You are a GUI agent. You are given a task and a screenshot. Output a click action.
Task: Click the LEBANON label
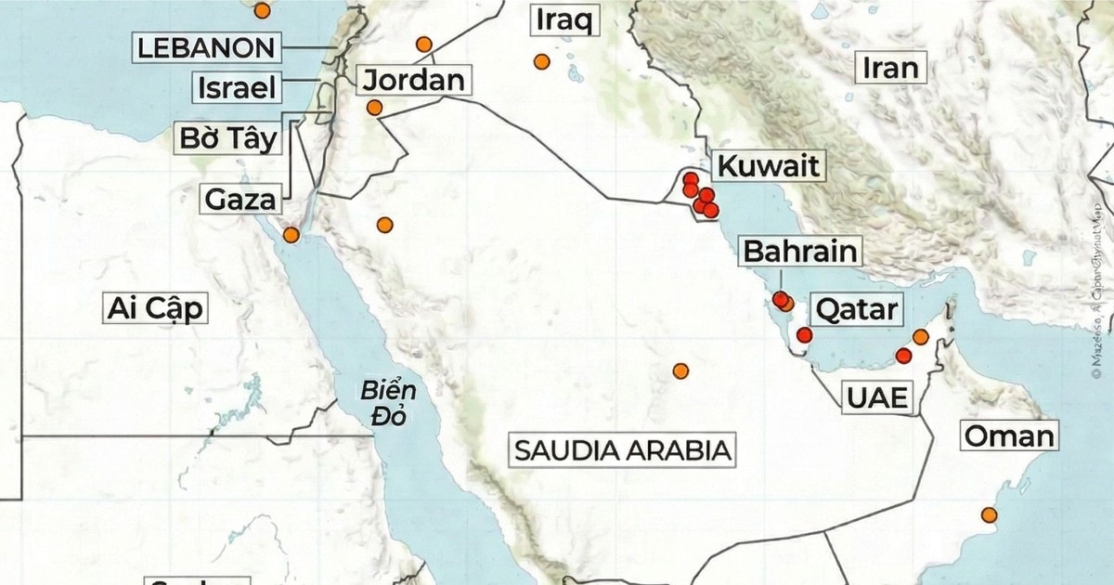205,47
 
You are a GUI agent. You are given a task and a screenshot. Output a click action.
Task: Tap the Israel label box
237,88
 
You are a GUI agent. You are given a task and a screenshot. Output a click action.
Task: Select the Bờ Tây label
229,138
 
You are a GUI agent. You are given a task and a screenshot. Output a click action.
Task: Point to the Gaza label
240,199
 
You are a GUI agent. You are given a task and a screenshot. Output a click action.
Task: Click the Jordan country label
413,79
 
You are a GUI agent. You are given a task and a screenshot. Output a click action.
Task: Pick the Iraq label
563,19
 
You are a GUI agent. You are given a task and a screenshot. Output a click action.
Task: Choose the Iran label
890,67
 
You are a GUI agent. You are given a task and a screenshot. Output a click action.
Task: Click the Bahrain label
798,252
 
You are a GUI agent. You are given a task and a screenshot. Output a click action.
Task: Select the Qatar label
855,308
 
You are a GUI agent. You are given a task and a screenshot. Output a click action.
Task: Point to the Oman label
1009,435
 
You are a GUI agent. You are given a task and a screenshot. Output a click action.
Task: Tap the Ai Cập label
155,308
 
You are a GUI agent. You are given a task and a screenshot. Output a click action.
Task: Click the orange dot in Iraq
542,62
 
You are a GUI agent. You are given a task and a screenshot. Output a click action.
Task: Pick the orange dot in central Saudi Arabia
680,371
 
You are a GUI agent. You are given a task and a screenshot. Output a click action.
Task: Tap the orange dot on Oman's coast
990,514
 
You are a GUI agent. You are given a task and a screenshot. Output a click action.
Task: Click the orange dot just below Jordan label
374,108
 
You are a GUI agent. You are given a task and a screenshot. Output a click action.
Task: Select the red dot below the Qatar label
804,334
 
